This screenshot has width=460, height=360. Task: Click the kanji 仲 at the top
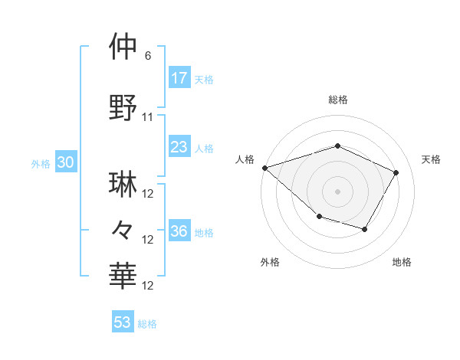coord(124,47)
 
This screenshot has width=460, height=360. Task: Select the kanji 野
coord(124,107)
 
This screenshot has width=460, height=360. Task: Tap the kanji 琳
coord(124,185)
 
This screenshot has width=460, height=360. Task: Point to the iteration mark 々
coord(124,229)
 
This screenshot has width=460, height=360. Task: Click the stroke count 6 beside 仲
coord(147,56)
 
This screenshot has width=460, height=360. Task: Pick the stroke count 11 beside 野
coord(148,117)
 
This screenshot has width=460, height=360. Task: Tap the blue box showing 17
coord(179,78)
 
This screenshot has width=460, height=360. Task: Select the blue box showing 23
coord(179,147)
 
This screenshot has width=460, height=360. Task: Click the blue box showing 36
coord(179,231)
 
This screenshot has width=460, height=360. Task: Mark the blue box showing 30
coord(65,162)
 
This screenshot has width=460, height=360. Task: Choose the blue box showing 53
coord(123,322)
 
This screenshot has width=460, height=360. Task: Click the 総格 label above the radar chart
coord(337,100)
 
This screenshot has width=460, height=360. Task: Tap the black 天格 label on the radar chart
coord(431,159)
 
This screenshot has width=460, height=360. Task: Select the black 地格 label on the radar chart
coord(402,263)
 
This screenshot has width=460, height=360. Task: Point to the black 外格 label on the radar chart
coord(270,263)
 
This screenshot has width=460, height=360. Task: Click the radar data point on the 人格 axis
coord(264,167)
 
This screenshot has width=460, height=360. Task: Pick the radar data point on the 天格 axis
coord(396,172)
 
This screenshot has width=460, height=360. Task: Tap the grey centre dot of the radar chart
coord(337,191)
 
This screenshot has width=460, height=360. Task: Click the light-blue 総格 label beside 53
coord(147,324)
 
